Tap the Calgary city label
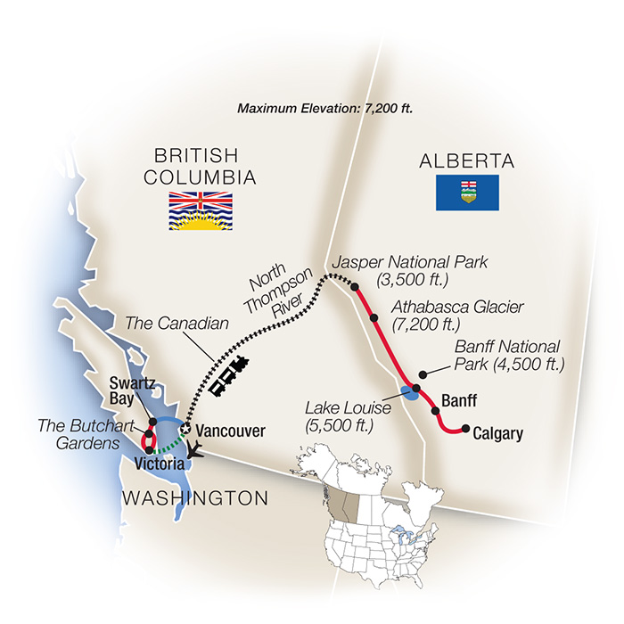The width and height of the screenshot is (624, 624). click(x=497, y=434)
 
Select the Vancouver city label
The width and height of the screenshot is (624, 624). click(x=230, y=431)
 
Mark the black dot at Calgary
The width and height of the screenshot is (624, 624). click(x=464, y=430)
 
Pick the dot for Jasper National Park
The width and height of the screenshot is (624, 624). click(x=356, y=287)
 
